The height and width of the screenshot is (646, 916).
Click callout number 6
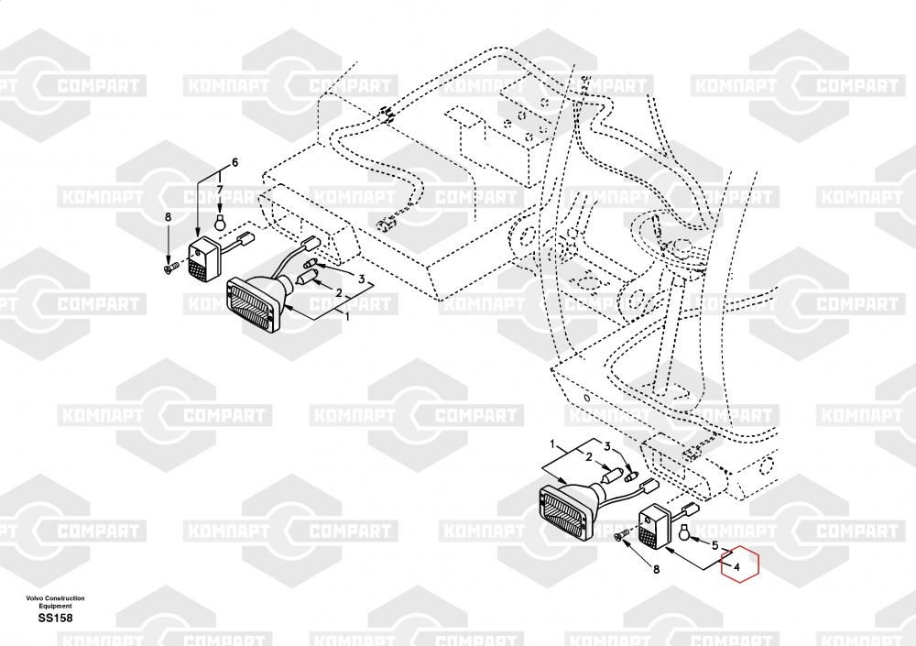click(x=234, y=162)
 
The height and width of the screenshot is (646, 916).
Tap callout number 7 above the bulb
click(x=219, y=190)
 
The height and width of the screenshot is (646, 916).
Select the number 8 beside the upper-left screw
click(x=168, y=216)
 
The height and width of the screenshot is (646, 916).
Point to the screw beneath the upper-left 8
click(x=169, y=267)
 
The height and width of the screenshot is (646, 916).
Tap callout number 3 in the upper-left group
click(x=362, y=279)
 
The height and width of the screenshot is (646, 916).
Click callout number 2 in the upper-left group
click(x=338, y=293)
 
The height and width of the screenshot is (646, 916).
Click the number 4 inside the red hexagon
click(x=733, y=567)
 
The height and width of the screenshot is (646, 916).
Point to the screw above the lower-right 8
click(x=622, y=536)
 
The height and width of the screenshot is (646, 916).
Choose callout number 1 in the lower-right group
click(x=552, y=444)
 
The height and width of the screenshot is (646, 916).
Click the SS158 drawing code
click(x=55, y=619)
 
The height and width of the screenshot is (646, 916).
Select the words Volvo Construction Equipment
click(x=55, y=602)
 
